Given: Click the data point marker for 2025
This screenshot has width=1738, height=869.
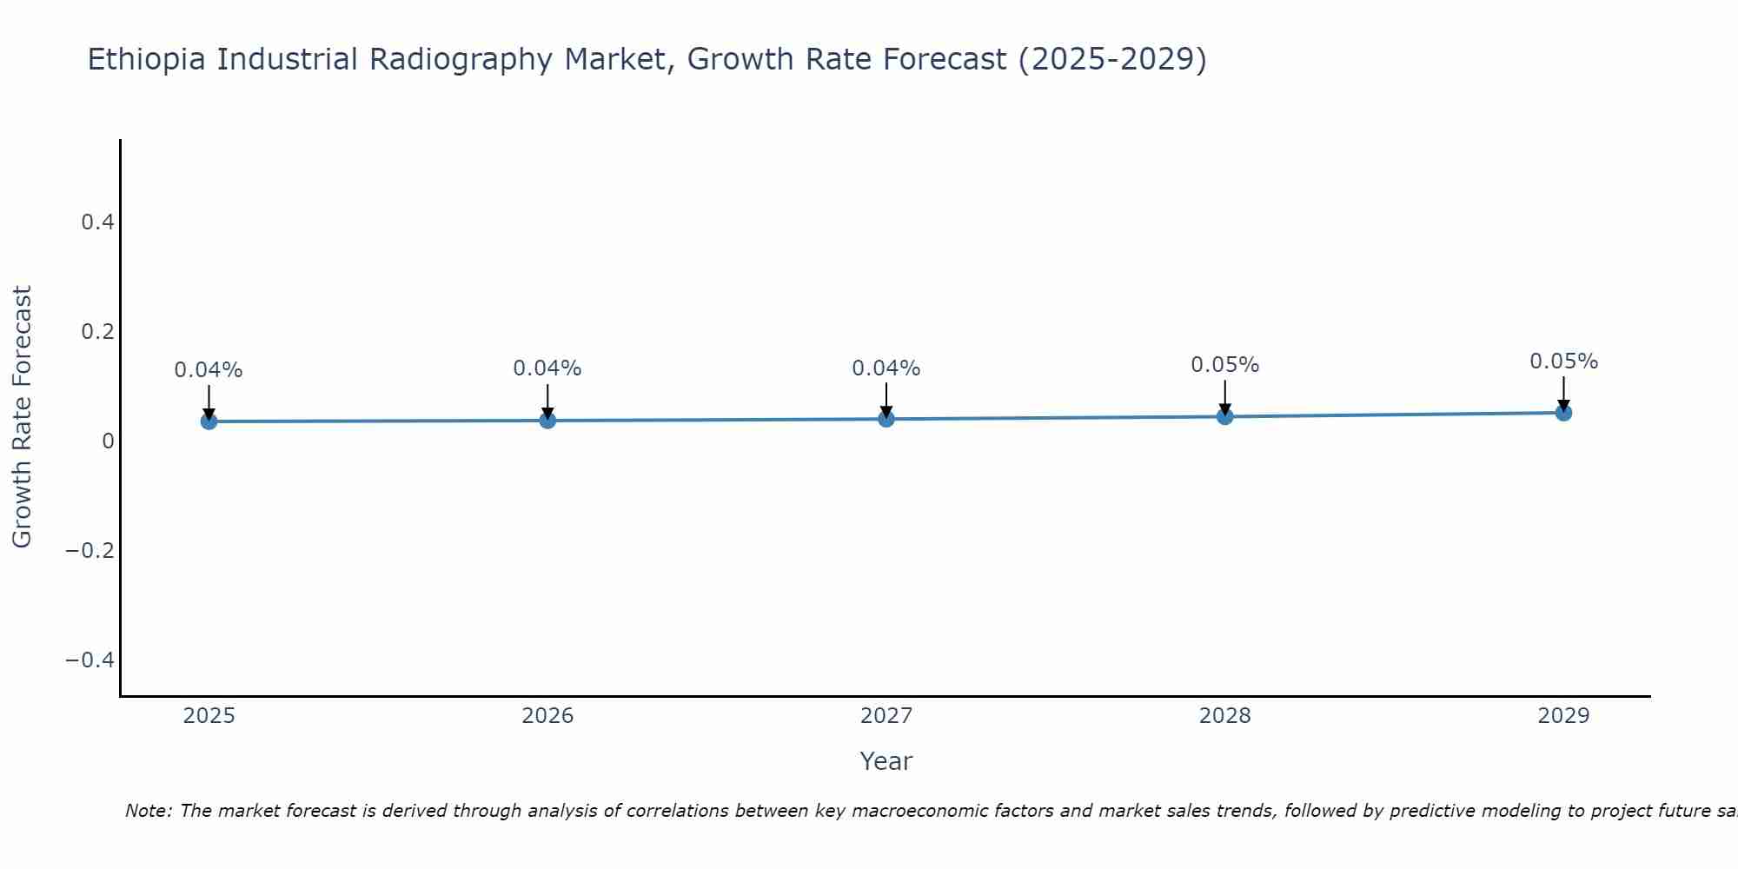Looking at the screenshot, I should pos(209,421).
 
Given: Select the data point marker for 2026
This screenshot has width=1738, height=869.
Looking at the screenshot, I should pos(547,421).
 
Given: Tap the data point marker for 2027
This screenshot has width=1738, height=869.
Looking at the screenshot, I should pos(886,419).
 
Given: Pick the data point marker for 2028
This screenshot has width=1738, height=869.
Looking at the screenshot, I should pos(1225,416).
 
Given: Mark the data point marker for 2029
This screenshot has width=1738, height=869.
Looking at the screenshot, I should pos(1563,413).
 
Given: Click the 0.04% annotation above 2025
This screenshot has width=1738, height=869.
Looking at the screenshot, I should pos(209,370).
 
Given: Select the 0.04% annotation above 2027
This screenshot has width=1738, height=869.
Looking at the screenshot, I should pos(886,368).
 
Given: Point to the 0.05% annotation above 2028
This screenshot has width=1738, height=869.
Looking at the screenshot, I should pos(1225,365).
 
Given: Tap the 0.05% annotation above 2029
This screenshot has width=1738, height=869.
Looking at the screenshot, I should pos(1563,362).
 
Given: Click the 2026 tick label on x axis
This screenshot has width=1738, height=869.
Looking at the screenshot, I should pos(547,716).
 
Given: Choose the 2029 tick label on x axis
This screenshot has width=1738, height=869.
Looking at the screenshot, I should pos(1563,716).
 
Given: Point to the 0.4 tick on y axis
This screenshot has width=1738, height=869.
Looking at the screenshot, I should pos(97,222).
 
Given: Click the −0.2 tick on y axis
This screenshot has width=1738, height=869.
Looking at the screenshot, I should pos(90,551).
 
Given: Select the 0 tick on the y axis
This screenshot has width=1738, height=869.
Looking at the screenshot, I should pos(108,441).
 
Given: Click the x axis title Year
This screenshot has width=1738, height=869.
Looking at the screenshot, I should pos(886,761).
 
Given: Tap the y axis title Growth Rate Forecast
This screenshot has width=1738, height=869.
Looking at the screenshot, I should pos(22,417).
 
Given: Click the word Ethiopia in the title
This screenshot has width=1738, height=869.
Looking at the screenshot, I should pos(148,59).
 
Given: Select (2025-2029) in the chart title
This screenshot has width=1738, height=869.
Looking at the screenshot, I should pos(1112,59).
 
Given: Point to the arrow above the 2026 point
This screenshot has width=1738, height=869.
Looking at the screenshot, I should pos(547,400).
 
